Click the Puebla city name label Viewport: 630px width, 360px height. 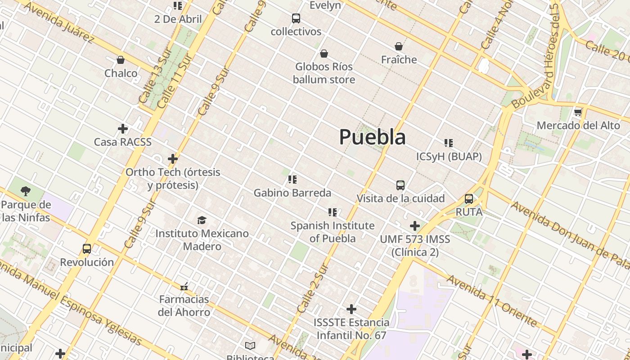click(372, 137)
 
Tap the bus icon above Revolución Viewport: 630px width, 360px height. click(87, 248)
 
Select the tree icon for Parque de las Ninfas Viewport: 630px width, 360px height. click(26, 191)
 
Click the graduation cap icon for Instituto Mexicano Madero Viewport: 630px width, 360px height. click(202, 220)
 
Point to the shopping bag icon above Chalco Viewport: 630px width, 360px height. click(121, 60)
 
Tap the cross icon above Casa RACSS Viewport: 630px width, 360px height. click(122, 129)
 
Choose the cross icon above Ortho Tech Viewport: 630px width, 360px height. click(173, 159)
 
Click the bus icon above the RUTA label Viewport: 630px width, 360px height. click(469, 198)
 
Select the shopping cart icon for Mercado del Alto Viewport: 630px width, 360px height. click(578, 112)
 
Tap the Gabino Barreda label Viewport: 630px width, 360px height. click(292, 193)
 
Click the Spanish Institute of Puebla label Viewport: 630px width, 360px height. click(333, 232)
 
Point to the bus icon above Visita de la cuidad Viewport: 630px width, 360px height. click(400, 185)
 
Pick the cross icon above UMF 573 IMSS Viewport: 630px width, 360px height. click(415, 226)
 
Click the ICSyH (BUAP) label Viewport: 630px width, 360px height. click(449, 157)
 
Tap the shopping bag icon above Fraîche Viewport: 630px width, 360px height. click(399, 46)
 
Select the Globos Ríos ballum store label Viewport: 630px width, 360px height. click(324, 73)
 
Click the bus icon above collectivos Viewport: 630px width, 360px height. click(296, 18)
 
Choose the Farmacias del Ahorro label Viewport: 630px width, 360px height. click(184, 306)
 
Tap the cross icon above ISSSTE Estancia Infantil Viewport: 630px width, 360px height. click(351, 309)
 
